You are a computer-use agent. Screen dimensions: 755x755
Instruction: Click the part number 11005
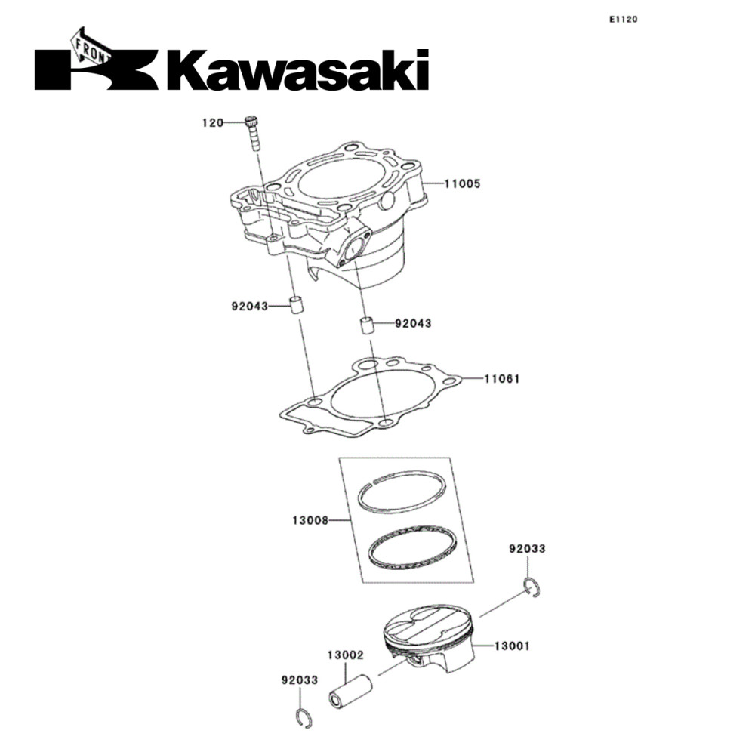[x=463, y=183]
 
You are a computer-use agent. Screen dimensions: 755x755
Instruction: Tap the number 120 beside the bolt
[x=212, y=123]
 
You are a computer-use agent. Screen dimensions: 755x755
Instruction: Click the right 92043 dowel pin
[x=367, y=326]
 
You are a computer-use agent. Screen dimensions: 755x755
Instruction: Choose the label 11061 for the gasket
[x=502, y=378]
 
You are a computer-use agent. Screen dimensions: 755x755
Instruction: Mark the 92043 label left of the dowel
[x=250, y=307]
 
